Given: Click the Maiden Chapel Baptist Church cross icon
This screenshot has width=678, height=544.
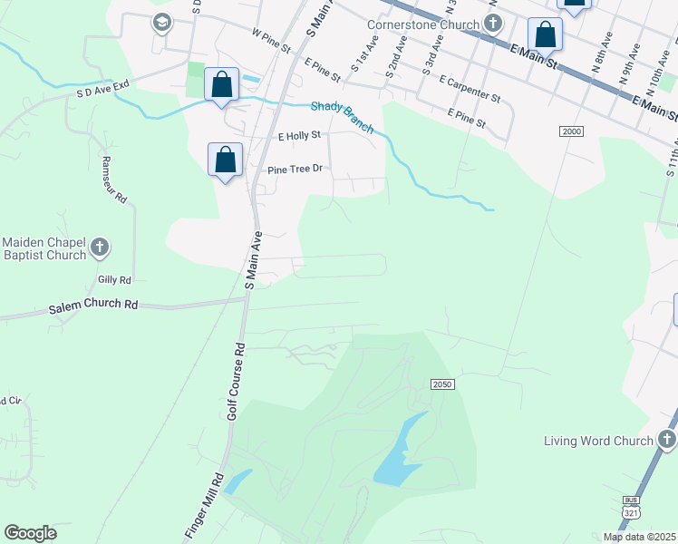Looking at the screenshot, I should (100, 246).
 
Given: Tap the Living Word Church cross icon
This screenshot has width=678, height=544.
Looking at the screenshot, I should (667, 441).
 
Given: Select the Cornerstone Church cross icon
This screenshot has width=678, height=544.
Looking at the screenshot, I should (492, 24).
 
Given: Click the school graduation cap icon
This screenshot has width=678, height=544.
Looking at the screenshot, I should (162, 23).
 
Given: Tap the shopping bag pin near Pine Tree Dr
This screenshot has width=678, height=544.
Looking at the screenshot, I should (226, 160).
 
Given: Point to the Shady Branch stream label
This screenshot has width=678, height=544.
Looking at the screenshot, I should (343, 116).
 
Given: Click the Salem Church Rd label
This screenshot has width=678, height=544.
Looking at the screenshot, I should (92, 306).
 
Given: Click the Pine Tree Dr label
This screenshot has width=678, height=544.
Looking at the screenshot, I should (295, 170).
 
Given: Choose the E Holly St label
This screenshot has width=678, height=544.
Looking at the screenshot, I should (299, 136).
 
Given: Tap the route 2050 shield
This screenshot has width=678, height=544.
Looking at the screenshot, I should (441, 384).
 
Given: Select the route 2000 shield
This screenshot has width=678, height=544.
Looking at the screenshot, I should (571, 132).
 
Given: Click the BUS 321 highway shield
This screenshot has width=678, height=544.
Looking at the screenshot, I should (631, 508).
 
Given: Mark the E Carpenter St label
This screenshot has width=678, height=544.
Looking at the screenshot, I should (470, 87).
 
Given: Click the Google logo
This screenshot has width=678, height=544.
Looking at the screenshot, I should (30, 533).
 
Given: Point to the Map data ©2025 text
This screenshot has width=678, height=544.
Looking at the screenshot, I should (639, 537).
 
